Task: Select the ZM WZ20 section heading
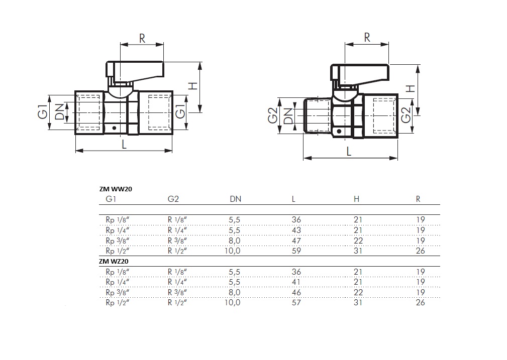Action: click(114, 262)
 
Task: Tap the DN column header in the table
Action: click(235, 199)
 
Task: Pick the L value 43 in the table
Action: click(296, 230)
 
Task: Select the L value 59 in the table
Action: click(296, 251)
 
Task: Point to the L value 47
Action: click(296, 241)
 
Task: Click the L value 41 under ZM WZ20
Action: click(296, 282)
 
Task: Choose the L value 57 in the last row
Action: click(296, 302)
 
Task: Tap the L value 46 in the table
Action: click(296, 292)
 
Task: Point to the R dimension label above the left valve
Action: click(142, 38)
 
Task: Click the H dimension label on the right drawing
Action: click(411, 88)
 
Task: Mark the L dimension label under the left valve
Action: click(124, 144)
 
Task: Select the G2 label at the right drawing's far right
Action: click(406, 114)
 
